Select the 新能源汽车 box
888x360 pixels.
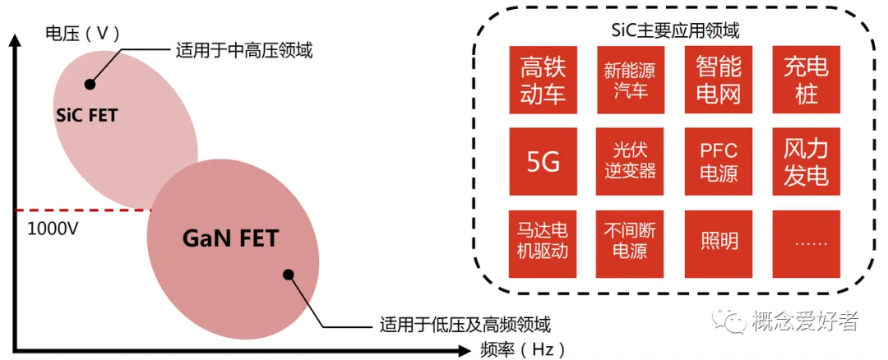tap(630, 80)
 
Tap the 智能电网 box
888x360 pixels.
tap(718, 80)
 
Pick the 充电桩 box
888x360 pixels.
tap(807, 80)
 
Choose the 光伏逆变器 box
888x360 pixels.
tap(630, 161)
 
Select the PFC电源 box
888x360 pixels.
tap(718, 161)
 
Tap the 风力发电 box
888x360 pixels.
tap(807, 161)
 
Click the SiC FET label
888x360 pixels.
tap(86, 115)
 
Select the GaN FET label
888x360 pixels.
tap(230, 239)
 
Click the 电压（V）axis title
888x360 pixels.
tap(82, 34)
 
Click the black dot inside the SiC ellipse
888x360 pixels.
tap(90, 84)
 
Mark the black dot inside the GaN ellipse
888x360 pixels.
tap(288, 275)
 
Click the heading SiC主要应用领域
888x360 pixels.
tap(675, 31)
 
